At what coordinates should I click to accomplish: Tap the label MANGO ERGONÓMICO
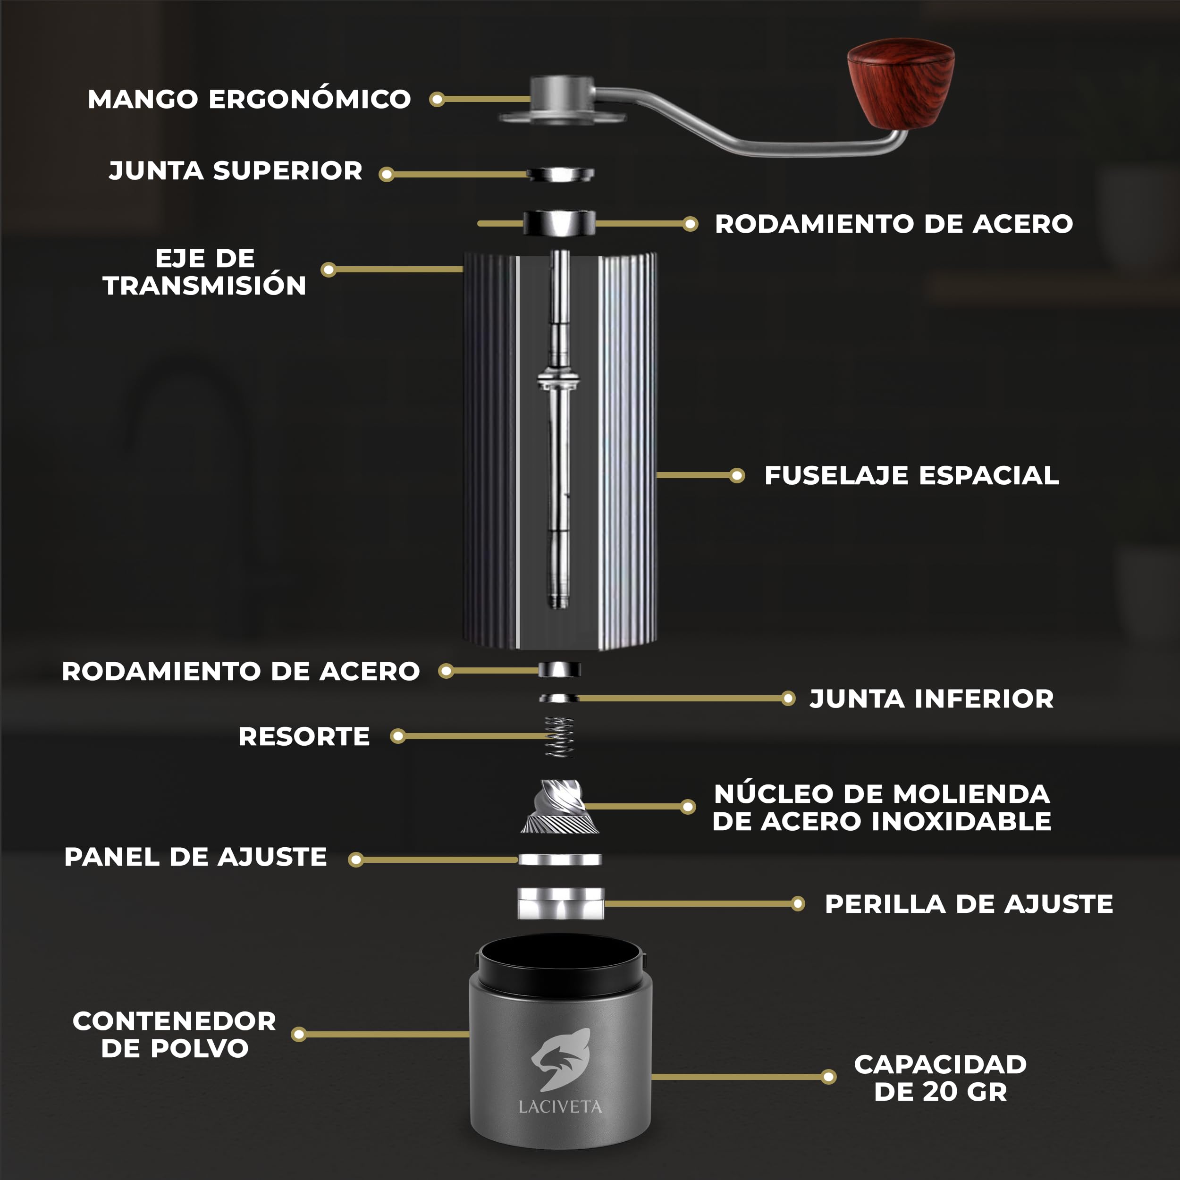tap(249, 99)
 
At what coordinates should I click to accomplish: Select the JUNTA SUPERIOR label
tap(236, 170)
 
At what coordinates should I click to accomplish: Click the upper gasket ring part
tap(560, 174)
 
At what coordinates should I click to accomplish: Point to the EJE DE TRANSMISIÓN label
tap(204, 272)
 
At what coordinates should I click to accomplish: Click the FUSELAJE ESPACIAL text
tap(911, 475)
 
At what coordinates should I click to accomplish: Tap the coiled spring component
tap(559, 737)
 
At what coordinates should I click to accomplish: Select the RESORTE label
tap(303, 737)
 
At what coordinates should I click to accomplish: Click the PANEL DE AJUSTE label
tap(195, 857)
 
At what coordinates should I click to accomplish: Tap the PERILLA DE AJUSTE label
tap(969, 904)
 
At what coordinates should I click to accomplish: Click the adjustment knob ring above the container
tap(561, 904)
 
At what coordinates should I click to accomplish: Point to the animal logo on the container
tap(561, 1060)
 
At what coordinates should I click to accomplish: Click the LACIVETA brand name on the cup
tap(560, 1107)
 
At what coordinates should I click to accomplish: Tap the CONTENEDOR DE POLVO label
tap(174, 1035)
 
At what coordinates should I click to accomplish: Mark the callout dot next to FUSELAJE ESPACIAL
tap(737, 475)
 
